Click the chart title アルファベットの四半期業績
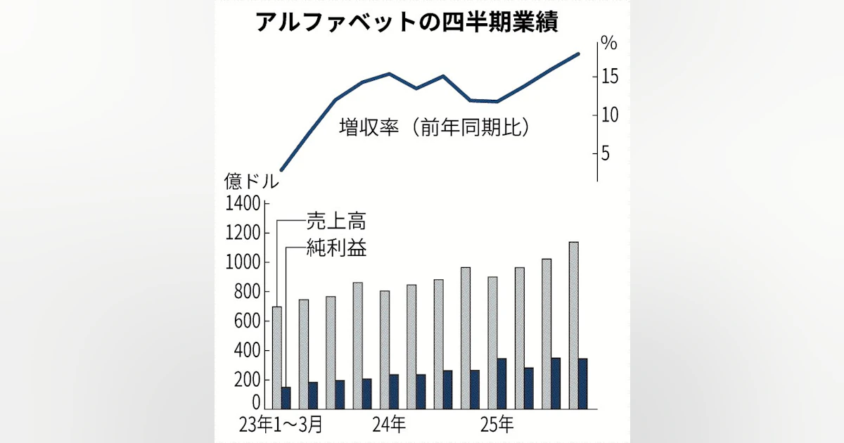pos(407,23)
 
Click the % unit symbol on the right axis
pos(608,44)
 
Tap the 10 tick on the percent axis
pos(609,115)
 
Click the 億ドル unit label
pos(251,181)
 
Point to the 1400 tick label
pos(243,205)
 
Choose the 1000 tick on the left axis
pos(243,263)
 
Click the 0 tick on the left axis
pos(256,402)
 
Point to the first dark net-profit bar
pos(286,397)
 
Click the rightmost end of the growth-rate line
pos(579,53)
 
